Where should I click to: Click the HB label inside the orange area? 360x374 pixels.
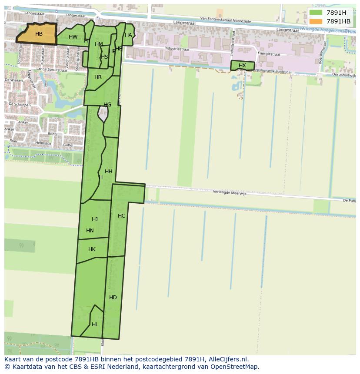(x=39, y=34)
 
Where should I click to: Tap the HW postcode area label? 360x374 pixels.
(x=73, y=37)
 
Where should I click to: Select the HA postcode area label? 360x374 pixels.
(x=128, y=35)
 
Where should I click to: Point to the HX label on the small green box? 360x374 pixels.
(x=242, y=66)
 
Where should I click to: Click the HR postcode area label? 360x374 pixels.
(x=98, y=77)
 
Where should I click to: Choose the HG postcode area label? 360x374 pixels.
(x=107, y=105)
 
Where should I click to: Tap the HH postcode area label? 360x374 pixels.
(x=109, y=172)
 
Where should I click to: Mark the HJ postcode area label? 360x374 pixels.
(x=95, y=219)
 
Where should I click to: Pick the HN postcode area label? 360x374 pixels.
(x=90, y=231)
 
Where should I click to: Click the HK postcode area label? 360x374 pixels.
(x=92, y=249)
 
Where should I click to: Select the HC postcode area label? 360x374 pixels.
(x=121, y=216)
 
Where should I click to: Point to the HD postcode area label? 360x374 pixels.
(x=113, y=298)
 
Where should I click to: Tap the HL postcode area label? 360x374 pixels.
(x=95, y=324)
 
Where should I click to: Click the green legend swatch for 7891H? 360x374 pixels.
(x=316, y=13)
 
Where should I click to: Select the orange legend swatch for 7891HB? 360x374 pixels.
(x=316, y=21)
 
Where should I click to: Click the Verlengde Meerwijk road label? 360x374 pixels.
(x=230, y=193)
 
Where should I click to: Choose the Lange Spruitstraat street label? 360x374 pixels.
(x=48, y=69)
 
